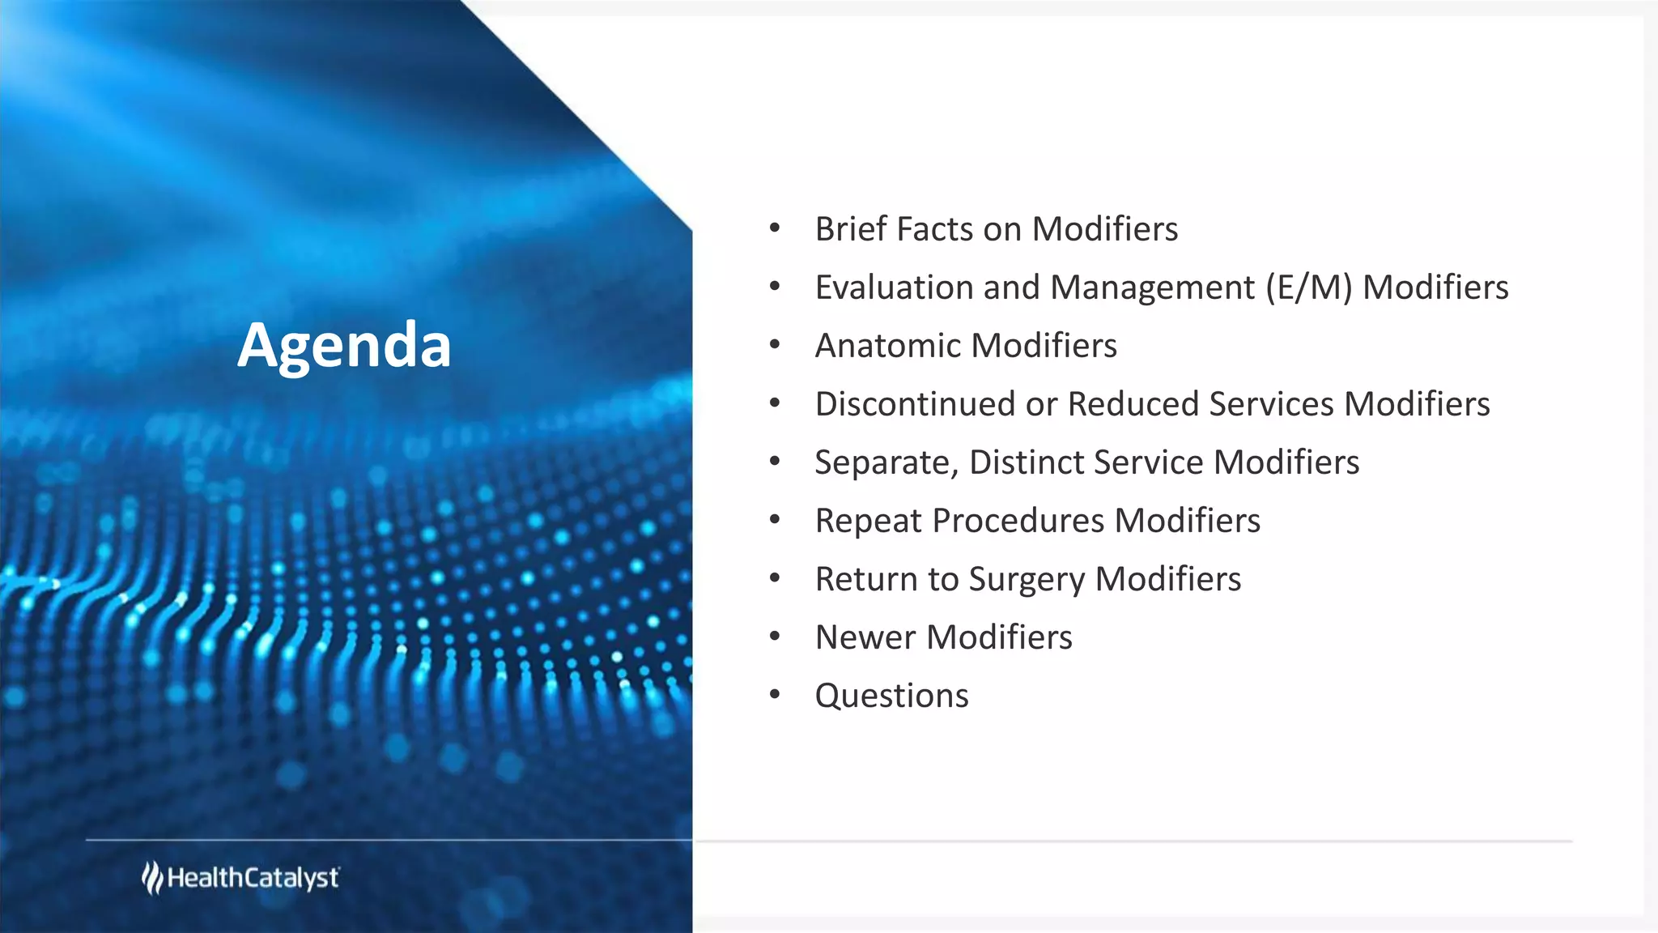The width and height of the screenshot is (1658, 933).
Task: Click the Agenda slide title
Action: (x=344, y=346)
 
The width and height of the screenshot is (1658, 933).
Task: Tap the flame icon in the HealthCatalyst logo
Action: (x=151, y=878)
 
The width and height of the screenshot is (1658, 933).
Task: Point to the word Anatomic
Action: (x=888, y=346)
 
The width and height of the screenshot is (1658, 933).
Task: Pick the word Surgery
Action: (x=1027, y=580)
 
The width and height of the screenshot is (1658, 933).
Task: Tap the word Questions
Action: (x=891, y=697)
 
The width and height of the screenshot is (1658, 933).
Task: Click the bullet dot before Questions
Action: (x=775, y=695)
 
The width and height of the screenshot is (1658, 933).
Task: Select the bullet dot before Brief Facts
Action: (x=775, y=228)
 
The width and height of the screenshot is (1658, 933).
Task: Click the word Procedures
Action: (x=1018, y=521)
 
